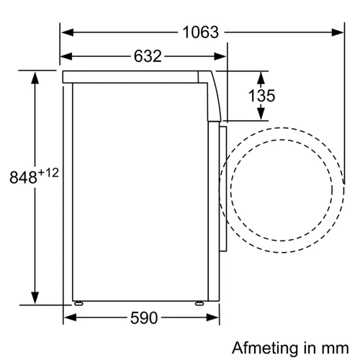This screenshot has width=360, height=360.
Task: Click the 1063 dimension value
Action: pos(201,32)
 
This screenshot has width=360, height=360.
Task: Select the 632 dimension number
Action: pos(148,56)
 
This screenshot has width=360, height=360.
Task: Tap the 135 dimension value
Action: pos(261,96)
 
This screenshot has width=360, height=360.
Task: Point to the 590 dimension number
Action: pos(144,318)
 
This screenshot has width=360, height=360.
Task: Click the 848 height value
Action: pos(23,177)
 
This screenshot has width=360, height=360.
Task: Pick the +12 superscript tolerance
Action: pos(48,173)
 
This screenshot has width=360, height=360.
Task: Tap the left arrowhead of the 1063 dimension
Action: pos(68,32)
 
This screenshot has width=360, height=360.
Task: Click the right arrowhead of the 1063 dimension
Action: pos(338,32)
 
